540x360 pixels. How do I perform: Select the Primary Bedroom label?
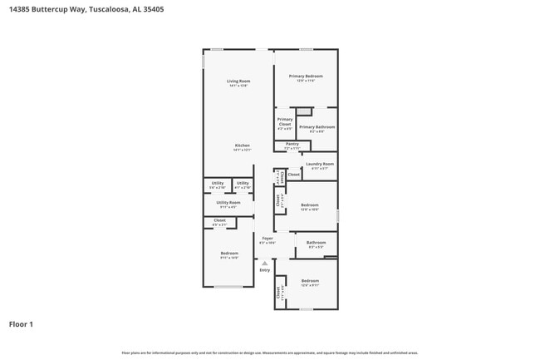(306, 76)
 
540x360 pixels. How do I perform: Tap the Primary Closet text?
(284, 121)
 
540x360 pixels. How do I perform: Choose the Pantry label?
(292, 144)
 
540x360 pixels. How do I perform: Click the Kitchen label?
(242, 145)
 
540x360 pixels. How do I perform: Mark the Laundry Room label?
(320, 164)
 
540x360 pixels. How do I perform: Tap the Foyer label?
(268, 239)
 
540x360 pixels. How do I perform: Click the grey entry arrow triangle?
(265, 263)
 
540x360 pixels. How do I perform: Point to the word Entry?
(265, 270)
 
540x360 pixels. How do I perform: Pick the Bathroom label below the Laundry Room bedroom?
(317, 243)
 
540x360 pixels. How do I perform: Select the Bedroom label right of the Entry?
(310, 281)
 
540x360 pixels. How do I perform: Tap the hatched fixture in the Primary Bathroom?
(305, 111)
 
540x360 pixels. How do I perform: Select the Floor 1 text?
(21, 323)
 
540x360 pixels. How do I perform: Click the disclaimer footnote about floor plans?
(270, 353)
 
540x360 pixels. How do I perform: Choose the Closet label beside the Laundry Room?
(294, 175)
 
